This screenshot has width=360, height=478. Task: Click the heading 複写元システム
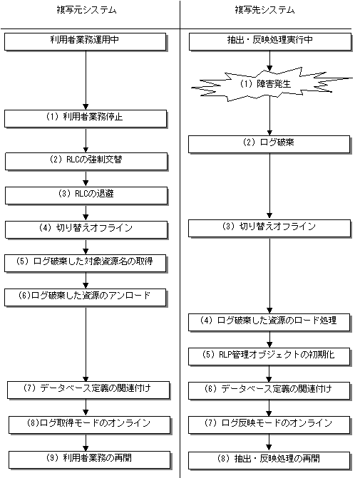[x=87, y=10]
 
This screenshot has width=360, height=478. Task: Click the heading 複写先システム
[x=264, y=10]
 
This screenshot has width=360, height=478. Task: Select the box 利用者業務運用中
[x=85, y=42]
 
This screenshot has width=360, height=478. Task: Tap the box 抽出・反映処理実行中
[x=270, y=42]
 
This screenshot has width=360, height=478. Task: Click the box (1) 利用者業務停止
[x=86, y=118]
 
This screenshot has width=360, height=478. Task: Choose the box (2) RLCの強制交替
[x=86, y=161]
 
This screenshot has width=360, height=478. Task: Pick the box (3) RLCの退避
[x=86, y=195]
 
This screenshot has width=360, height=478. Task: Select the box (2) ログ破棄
[x=269, y=144]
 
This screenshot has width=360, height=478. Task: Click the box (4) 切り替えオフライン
[x=86, y=229]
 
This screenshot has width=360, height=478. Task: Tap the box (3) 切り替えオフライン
[x=269, y=229]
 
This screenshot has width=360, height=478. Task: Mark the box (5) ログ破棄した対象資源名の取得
[x=85, y=263]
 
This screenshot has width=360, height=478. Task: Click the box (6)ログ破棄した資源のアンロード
[x=85, y=297]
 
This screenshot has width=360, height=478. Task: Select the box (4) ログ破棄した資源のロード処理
[x=269, y=322]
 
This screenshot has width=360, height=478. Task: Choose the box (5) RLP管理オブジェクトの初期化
[x=269, y=356]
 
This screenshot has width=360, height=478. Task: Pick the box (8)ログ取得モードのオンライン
[x=89, y=425]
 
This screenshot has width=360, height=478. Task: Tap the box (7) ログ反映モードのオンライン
[x=269, y=425]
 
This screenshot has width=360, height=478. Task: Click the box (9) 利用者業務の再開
[x=89, y=459]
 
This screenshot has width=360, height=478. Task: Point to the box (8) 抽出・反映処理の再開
[x=269, y=460]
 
